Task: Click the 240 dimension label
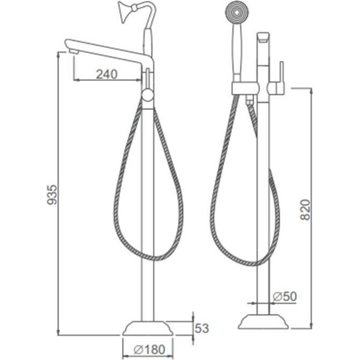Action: [x=107, y=74]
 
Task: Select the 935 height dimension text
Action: [x=52, y=195]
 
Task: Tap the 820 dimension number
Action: [x=306, y=210]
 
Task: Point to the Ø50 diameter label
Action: [x=285, y=296]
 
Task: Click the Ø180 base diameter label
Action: [x=149, y=350]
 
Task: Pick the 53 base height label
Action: [x=202, y=328]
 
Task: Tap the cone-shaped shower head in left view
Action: [x=124, y=11]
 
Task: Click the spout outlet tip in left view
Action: [x=74, y=52]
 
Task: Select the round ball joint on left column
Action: [x=147, y=95]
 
